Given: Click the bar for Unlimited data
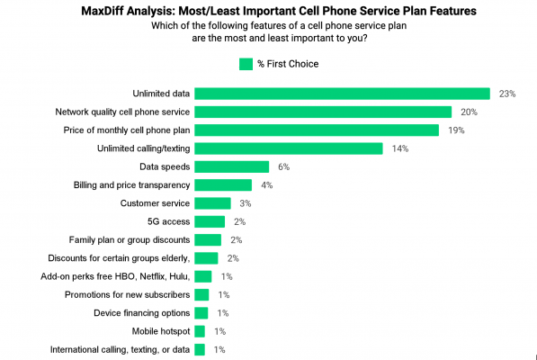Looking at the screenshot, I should tap(342, 94).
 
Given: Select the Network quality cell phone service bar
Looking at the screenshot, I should tap(323, 112).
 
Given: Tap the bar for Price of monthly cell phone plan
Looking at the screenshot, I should tap(317, 130).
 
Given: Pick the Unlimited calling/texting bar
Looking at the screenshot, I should tap(289, 148).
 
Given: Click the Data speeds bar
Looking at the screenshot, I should tap(232, 166).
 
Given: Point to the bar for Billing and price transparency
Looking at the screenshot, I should tap(223, 185).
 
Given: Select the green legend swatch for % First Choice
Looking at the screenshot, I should tap(246, 64).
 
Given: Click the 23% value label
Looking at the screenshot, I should tap(506, 94).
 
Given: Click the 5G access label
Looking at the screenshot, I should tap(167, 221).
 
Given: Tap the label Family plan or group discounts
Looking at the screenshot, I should tap(129, 239).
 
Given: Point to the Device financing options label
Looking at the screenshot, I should tap(141, 312).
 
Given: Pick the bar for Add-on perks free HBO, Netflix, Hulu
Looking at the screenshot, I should tap(203, 276).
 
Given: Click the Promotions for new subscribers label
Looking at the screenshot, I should tap(127, 294).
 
